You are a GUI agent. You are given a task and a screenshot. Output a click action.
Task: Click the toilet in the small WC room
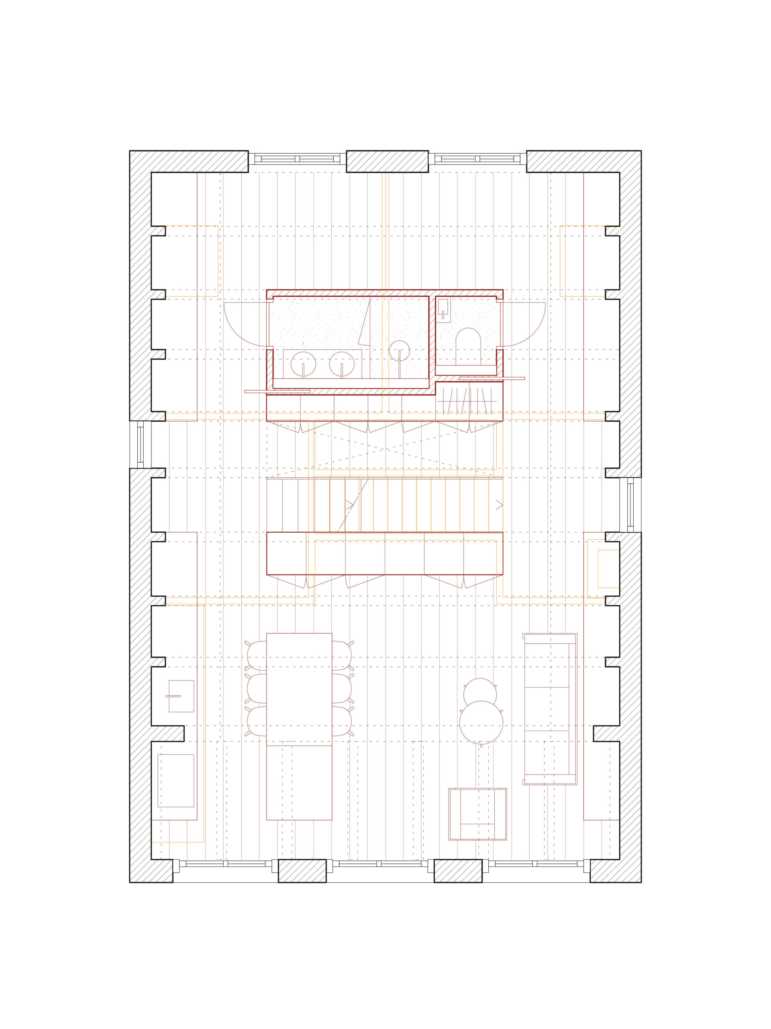pos(467,346)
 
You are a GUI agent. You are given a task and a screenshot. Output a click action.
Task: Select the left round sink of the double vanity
pos(303,364)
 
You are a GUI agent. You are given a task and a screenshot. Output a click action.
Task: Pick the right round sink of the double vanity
pos(342,364)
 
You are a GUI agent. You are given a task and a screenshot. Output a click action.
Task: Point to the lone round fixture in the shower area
pos(399,350)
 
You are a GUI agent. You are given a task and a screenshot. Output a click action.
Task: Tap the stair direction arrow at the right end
pos(499,505)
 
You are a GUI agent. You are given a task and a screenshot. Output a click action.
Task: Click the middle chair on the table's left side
pos(257,688)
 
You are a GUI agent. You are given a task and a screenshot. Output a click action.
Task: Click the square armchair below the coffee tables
pos(477,814)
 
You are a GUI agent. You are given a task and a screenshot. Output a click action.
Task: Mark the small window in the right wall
pos(630,505)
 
